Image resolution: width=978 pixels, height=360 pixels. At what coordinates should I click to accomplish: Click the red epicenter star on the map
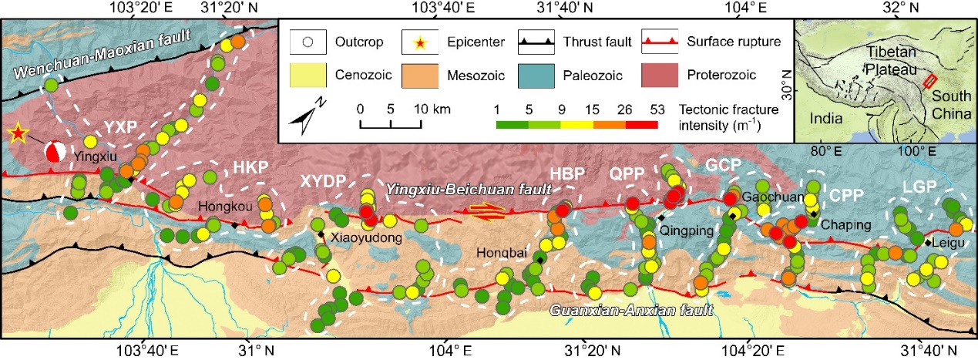tap(16, 133)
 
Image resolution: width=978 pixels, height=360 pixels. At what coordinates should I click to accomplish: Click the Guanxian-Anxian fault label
tap(630, 311)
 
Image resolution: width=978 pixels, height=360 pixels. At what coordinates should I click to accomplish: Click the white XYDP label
tap(321, 183)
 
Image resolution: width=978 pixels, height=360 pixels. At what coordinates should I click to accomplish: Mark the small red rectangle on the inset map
tap(930, 80)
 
